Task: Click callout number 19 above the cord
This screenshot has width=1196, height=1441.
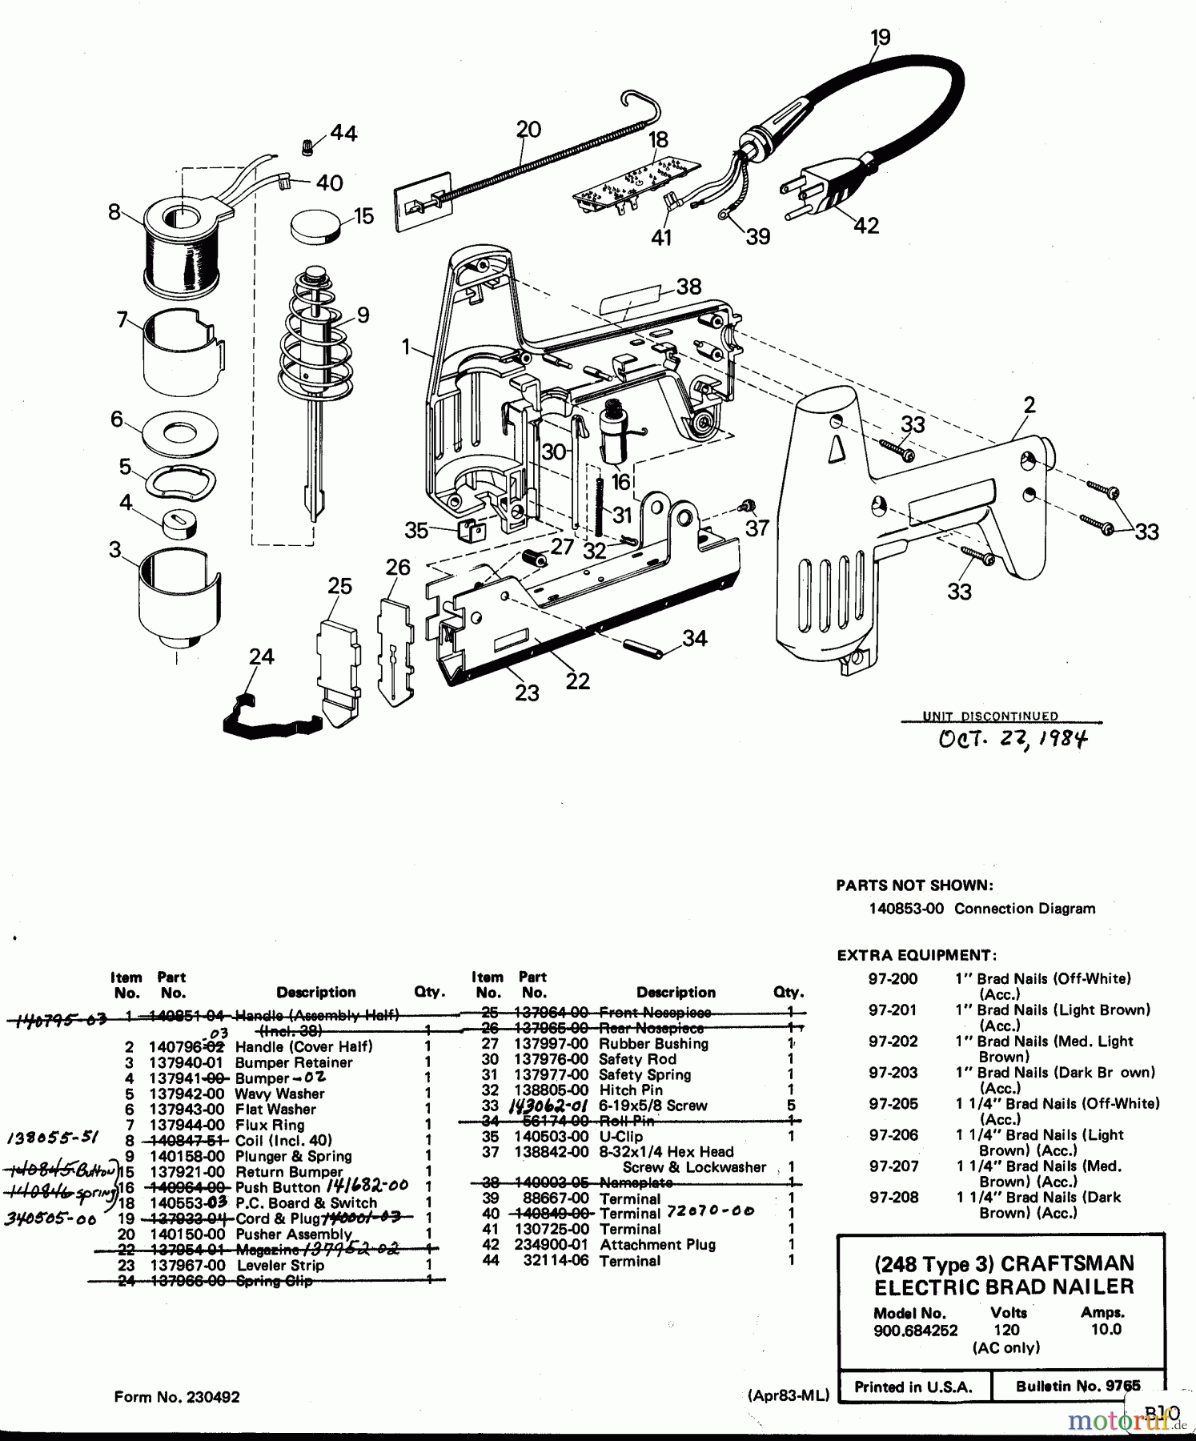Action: click(879, 37)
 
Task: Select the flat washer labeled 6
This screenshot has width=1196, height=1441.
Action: click(178, 432)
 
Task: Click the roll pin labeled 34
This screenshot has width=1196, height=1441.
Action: click(650, 647)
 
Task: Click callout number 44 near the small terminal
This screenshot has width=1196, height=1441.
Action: click(343, 133)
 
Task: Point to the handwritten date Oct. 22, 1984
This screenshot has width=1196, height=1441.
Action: click(1013, 737)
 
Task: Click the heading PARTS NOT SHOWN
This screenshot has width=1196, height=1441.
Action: click(914, 885)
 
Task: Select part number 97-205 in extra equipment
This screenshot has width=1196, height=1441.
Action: click(893, 1104)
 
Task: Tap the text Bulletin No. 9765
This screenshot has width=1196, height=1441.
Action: click(1078, 1386)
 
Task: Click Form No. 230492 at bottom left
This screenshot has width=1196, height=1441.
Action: click(177, 1397)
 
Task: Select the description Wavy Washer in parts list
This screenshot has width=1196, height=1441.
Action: click(279, 1094)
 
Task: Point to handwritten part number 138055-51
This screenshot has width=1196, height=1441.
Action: click(50, 1138)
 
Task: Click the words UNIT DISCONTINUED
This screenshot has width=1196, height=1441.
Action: click(990, 716)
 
